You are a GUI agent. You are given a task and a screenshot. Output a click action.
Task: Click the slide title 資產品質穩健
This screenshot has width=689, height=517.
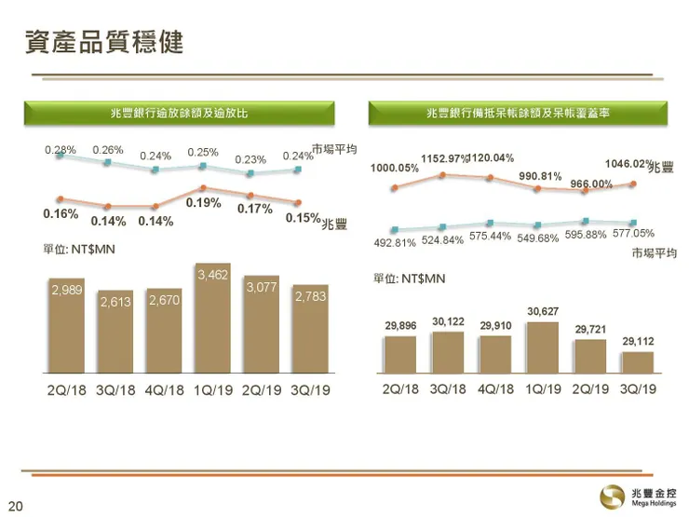pyautogui.click(x=103, y=42)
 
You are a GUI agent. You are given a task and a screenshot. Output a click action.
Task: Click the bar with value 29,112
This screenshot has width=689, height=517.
pyautogui.click(x=638, y=362)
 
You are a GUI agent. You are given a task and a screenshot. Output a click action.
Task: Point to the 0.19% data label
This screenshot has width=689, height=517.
pyautogui.click(x=203, y=202)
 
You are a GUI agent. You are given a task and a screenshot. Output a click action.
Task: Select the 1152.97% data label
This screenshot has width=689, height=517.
pyautogui.click(x=445, y=158)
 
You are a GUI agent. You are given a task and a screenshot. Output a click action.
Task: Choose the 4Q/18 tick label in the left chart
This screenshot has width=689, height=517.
pyautogui.click(x=165, y=389)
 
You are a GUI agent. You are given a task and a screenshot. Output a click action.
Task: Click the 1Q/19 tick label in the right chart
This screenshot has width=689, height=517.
pyautogui.click(x=543, y=389)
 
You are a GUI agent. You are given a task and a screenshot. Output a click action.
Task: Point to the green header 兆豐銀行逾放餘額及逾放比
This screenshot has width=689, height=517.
pyautogui.click(x=179, y=113)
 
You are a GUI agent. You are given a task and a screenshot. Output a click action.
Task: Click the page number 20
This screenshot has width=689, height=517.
pyautogui.click(x=15, y=506)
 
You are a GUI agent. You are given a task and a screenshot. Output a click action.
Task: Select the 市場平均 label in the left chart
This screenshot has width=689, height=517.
pyautogui.click(x=335, y=150)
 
